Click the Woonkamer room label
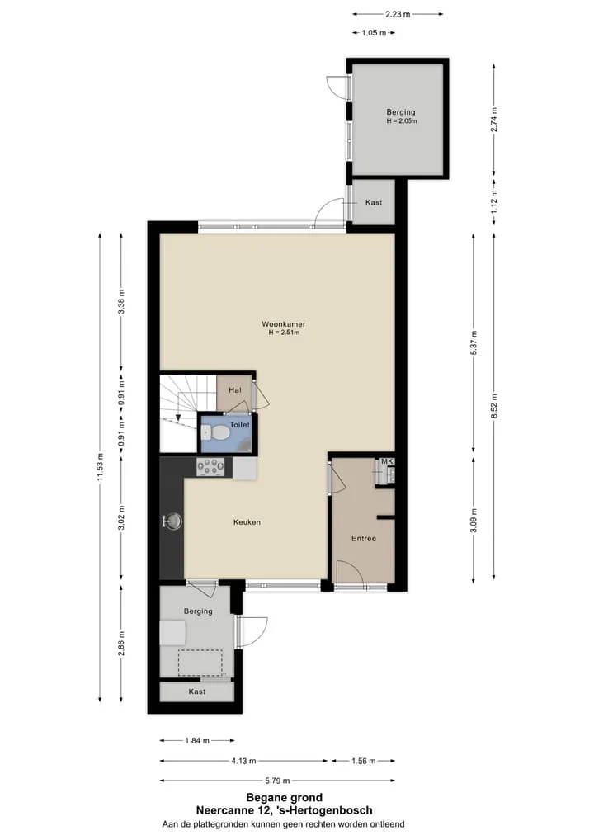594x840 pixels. [x=283, y=324]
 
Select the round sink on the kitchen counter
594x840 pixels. [x=172, y=521]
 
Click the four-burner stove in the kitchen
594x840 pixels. [x=210, y=467]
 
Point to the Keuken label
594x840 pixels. [x=247, y=521]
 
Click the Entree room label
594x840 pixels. [x=364, y=538]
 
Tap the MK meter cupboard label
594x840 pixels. [x=387, y=461]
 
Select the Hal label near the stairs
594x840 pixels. [x=234, y=390]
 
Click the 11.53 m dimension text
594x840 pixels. [x=100, y=466]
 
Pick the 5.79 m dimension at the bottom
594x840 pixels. [x=277, y=781]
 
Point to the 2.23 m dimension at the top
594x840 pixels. [x=398, y=15]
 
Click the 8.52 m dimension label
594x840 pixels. [x=494, y=407]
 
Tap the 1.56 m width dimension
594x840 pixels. [x=363, y=761]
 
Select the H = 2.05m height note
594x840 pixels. [x=402, y=121]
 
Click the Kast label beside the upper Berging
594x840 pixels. [x=374, y=202]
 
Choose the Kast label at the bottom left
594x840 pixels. [x=196, y=691]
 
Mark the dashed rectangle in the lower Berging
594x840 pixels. [x=200, y=663]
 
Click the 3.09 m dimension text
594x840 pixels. [x=474, y=520]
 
